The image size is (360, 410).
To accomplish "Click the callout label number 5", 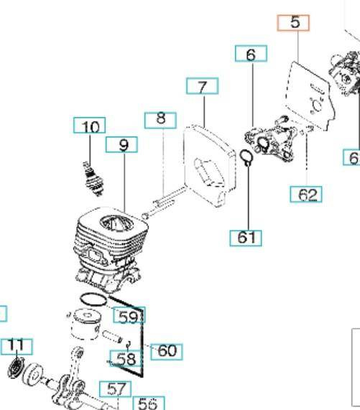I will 294,22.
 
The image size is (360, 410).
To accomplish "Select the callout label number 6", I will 251,54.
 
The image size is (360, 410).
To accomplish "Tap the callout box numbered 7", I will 203,87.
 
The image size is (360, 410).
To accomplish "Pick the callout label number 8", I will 160,119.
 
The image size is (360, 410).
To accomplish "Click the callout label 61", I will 246,237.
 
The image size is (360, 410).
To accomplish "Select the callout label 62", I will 307,195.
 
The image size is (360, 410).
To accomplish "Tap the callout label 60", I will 166,350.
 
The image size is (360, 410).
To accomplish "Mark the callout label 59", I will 129,316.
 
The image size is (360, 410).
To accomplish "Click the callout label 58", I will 126,358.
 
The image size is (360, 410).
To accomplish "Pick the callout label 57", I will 115,388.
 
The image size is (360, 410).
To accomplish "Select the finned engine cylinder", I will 108,241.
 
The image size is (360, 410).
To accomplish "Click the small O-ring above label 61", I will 245,158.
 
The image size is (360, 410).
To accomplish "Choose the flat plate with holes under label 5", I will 309,97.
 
